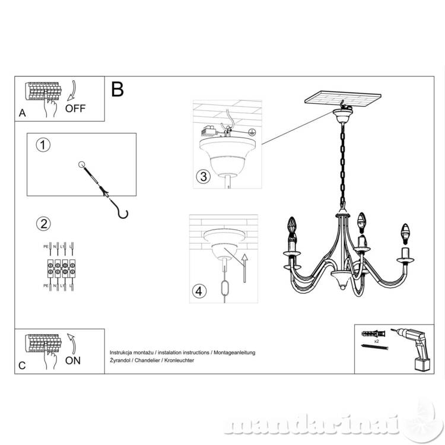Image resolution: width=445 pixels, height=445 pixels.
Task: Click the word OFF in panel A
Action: click(75, 108)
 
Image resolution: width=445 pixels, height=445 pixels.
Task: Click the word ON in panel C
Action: click(73, 360)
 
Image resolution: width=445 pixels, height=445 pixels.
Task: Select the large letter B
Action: click(117, 89)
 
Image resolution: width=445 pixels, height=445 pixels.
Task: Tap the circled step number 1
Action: click(42, 145)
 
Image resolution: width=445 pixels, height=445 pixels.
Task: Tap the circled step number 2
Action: click(42, 224)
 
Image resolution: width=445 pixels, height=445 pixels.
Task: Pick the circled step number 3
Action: click(203, 176)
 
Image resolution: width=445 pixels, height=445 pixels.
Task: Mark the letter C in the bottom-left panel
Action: click(22, 365)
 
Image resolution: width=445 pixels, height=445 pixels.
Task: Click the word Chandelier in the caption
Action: click(150, 360)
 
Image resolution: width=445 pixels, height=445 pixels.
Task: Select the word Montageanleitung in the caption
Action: click(234, 352)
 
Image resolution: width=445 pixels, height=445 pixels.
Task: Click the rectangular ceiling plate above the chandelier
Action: click(343, 98)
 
